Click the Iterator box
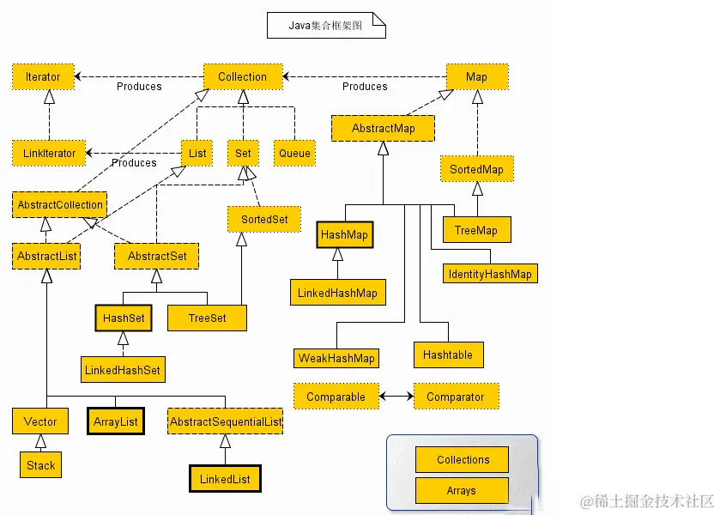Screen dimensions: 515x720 pos(43,76)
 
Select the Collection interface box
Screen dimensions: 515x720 pos(242,76)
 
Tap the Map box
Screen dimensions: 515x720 pos(476,76)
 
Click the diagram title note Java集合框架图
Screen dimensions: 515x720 pos(325,26)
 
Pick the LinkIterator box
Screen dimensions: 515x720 pos(49,154)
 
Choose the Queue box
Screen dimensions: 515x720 pos(294,154)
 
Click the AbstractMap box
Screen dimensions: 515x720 pos(383,129)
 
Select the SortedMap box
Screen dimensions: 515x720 pos(476,169)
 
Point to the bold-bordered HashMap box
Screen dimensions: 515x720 pos(344,234)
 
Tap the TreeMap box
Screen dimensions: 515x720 pos(476,230)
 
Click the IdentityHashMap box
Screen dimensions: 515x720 pos(490,275)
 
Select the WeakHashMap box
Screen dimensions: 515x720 pos(336,358)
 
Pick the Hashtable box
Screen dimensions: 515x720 pos(447,354)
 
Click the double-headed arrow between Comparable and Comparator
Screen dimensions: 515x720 pos(396,397)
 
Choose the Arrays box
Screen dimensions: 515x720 pos(462,491)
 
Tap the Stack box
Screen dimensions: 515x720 pos(40,465)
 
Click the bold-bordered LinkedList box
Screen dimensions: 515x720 pos(225,478)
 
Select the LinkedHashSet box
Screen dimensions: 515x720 pos(122,370)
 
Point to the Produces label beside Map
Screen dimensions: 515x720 pos(365,87)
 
